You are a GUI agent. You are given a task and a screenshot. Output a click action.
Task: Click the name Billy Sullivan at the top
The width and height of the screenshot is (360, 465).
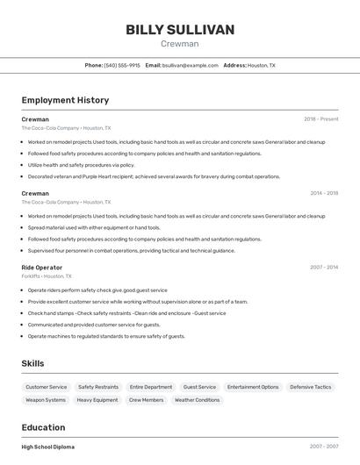[180, 30]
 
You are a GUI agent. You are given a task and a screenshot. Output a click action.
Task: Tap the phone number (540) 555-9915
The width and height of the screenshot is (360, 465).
[122, 66]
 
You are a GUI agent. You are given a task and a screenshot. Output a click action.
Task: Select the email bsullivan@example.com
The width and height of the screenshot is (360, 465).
[191, 66]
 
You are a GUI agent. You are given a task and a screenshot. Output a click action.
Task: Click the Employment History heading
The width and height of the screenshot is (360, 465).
[65, 100]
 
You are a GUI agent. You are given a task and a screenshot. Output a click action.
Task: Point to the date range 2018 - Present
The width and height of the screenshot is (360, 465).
[320, 118]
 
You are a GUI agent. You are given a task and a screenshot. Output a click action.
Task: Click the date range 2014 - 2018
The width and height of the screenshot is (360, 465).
[324, 193]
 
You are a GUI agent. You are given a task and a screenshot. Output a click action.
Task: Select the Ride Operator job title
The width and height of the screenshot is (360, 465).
[42, 267]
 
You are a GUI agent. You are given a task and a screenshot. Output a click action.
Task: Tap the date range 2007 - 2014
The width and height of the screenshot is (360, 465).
[324, 267]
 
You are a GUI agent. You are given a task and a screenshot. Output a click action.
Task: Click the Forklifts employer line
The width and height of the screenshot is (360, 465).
[47, 275]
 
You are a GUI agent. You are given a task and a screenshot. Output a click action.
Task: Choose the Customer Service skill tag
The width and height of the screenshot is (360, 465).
[47, 387]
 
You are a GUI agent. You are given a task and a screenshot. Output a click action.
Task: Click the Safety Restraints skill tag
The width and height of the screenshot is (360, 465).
[98, 387]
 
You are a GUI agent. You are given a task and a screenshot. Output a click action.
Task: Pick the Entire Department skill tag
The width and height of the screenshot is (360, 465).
[151, 387]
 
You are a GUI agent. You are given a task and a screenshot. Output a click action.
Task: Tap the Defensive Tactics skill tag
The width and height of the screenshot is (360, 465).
[311, 387]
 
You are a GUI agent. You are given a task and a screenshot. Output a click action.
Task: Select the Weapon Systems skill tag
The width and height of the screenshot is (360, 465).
[46, 400]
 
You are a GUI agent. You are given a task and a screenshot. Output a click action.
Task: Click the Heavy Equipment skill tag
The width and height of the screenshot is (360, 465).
[97, 400]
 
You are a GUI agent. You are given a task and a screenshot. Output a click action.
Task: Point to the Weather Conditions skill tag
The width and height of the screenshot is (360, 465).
[197, 400]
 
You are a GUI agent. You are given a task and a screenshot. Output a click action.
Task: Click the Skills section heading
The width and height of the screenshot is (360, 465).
[32, 363]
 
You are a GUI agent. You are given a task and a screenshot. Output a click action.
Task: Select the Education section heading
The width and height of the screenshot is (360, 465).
[45, 427]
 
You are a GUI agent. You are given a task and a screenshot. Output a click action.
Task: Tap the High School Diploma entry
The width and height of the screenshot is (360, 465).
[48, 447]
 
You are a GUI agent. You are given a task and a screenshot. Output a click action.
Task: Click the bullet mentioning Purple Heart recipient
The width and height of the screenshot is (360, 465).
[154, 176]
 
